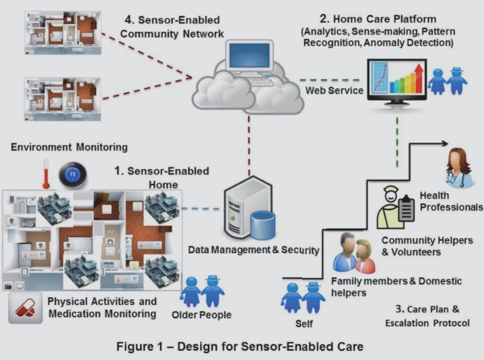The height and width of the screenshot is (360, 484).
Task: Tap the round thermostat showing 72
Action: (x=72, y=174)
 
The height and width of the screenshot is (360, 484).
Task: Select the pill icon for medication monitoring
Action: (x=26, y=310)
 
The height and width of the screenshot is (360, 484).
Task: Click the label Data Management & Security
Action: (x=253, y=250)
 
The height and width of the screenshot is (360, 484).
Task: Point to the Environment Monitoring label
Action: (x=69, y=147)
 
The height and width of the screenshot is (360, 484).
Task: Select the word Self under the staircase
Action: (x=304, y=324)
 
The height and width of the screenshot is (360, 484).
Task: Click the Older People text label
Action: (x=201, y=315)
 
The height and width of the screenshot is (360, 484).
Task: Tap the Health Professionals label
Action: (x=451, y=202)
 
